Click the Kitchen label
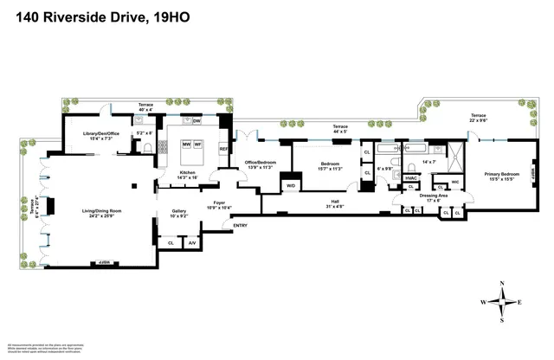[187, 174]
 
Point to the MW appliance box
[184, 145]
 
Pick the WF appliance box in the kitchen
[197, 145]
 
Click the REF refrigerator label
[223, 148]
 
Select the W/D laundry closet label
[291, 185]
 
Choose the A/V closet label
[192, 243]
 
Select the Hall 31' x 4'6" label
[334, 203]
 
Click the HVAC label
[412, 178]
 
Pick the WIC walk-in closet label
[454, 182]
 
